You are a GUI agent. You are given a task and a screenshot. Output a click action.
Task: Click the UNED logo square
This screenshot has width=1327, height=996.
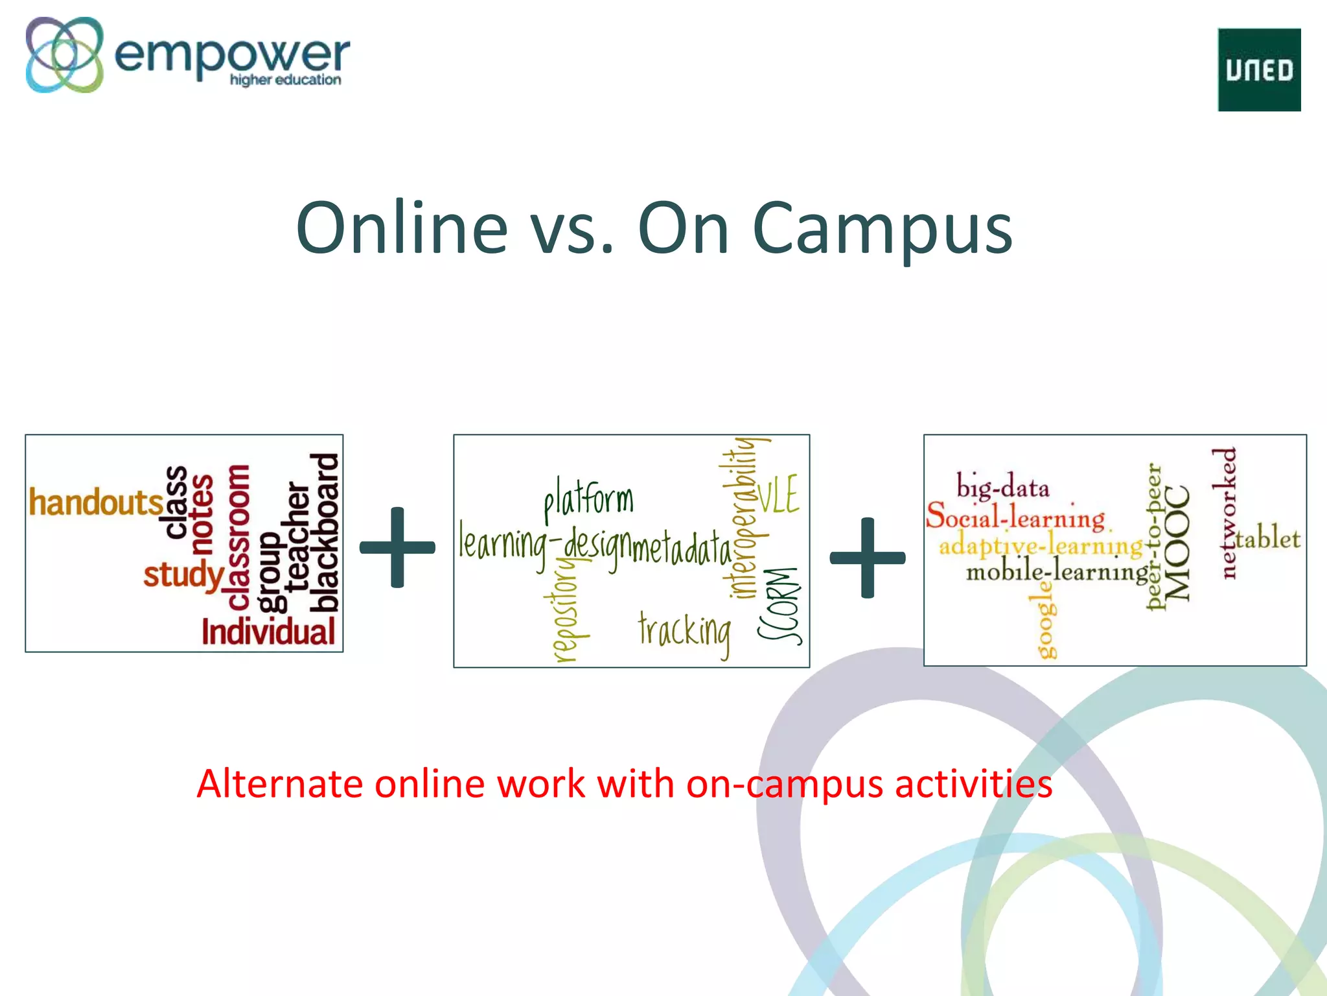coord(1259,69)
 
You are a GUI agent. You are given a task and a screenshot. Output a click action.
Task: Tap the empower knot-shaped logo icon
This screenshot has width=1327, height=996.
coord(64,54)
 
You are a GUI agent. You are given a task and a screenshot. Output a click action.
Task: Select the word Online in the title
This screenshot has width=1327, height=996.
coord(402,228)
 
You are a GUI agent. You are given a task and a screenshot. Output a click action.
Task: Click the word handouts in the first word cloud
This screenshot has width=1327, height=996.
coord(95,503)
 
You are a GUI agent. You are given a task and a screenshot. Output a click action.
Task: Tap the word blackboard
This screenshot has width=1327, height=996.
coord(325,532)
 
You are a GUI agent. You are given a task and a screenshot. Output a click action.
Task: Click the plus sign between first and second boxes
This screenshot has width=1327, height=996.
coord(397,547)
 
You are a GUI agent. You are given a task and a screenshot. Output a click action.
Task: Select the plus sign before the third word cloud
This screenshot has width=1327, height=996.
coord(867,557)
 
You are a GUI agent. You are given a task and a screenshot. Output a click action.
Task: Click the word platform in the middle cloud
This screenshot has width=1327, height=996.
coord(588,499)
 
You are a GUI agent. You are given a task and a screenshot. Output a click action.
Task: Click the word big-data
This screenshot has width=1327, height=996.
coord(1002,486)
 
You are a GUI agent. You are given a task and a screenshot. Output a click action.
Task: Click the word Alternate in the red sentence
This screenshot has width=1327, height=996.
coord(280,783)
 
